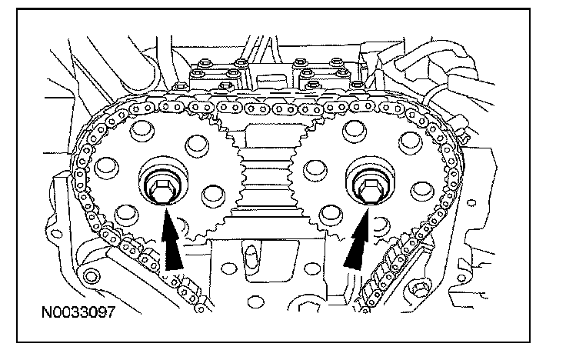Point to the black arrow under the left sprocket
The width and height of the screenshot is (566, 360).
click(174, 242)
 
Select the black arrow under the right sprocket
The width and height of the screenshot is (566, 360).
click(355, 245)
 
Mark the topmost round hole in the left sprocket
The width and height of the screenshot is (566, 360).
click(143, 130)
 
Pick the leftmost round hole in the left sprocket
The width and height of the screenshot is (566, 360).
click(106, 166)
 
